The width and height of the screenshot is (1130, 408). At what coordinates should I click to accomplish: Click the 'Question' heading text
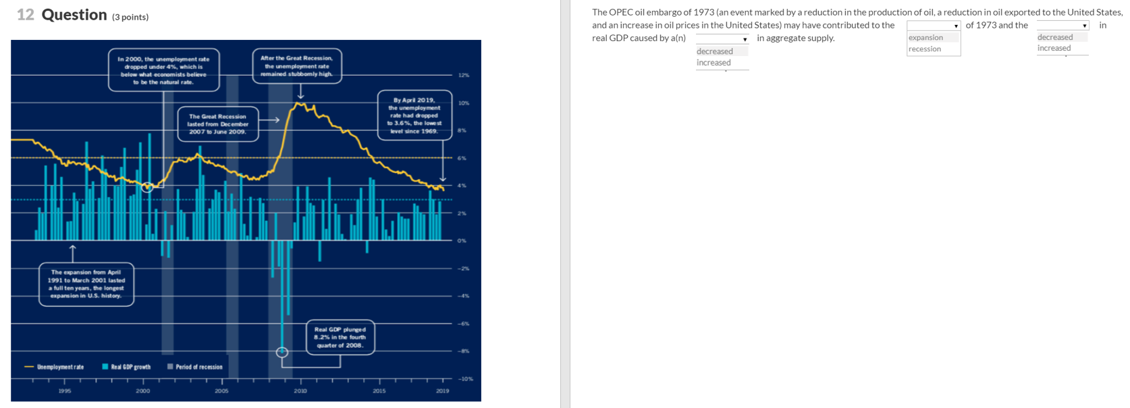pyautogui.click(x=74, y=15)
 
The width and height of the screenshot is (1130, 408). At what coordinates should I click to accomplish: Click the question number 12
pyautogui.click(x=25, y=15)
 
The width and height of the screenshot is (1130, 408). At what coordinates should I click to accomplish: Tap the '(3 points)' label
pyautogui.click(x=130, y=17)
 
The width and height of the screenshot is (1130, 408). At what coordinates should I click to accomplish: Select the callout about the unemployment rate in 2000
pyautogui.click(x=163, y=70)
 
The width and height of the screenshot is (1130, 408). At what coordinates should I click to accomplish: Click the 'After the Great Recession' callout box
pyautogui.click(x=296, y=66)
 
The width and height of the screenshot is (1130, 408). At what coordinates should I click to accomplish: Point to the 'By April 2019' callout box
pyautogui.click(x=414, y=115)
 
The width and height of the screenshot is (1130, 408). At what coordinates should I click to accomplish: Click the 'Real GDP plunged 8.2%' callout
pyautogui.click(x=340, y=337)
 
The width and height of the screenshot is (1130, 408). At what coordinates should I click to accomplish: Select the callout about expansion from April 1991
pyautogui.click(x=86, y=284)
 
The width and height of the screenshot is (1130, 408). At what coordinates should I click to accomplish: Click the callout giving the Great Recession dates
pyautogui.click(x=217, y=124)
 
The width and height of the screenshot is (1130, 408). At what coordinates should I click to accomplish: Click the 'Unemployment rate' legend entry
pyautogui.click(x=60, y=367)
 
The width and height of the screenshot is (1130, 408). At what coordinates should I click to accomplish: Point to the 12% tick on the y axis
pyautogui.click(x=463, y=75)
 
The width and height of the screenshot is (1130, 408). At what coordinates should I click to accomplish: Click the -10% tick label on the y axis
pyautogui.click(x=465, y=379)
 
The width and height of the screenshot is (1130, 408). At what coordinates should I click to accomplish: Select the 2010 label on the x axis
pyautogui.click(x=300, y=390)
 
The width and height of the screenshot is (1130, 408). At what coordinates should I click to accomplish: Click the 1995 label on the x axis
pyautogui.click(x=64, y=390)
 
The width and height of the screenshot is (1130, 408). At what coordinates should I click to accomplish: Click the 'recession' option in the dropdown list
pyautogui.click(x=924, y=49)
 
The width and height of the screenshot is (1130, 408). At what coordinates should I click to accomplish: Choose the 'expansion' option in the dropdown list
pyautogui.click(x=925, y=37)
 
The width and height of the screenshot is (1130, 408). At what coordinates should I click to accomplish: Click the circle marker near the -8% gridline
pyautogui.click(x=282, y=352)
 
